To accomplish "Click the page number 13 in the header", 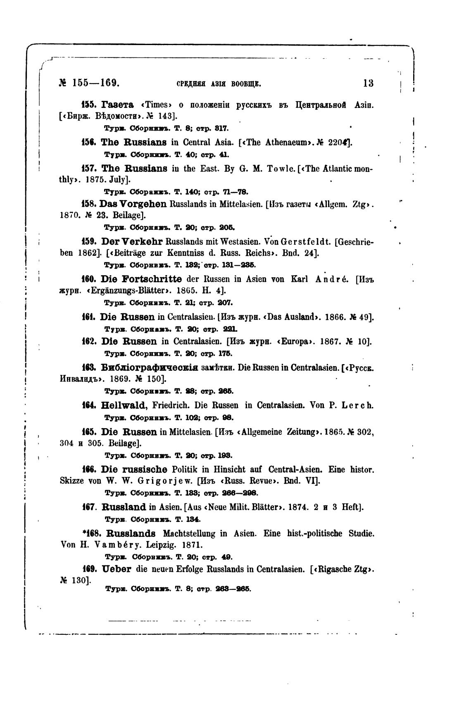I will click(x=368, y=83).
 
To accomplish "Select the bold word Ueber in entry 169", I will click(x=116, y=569).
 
